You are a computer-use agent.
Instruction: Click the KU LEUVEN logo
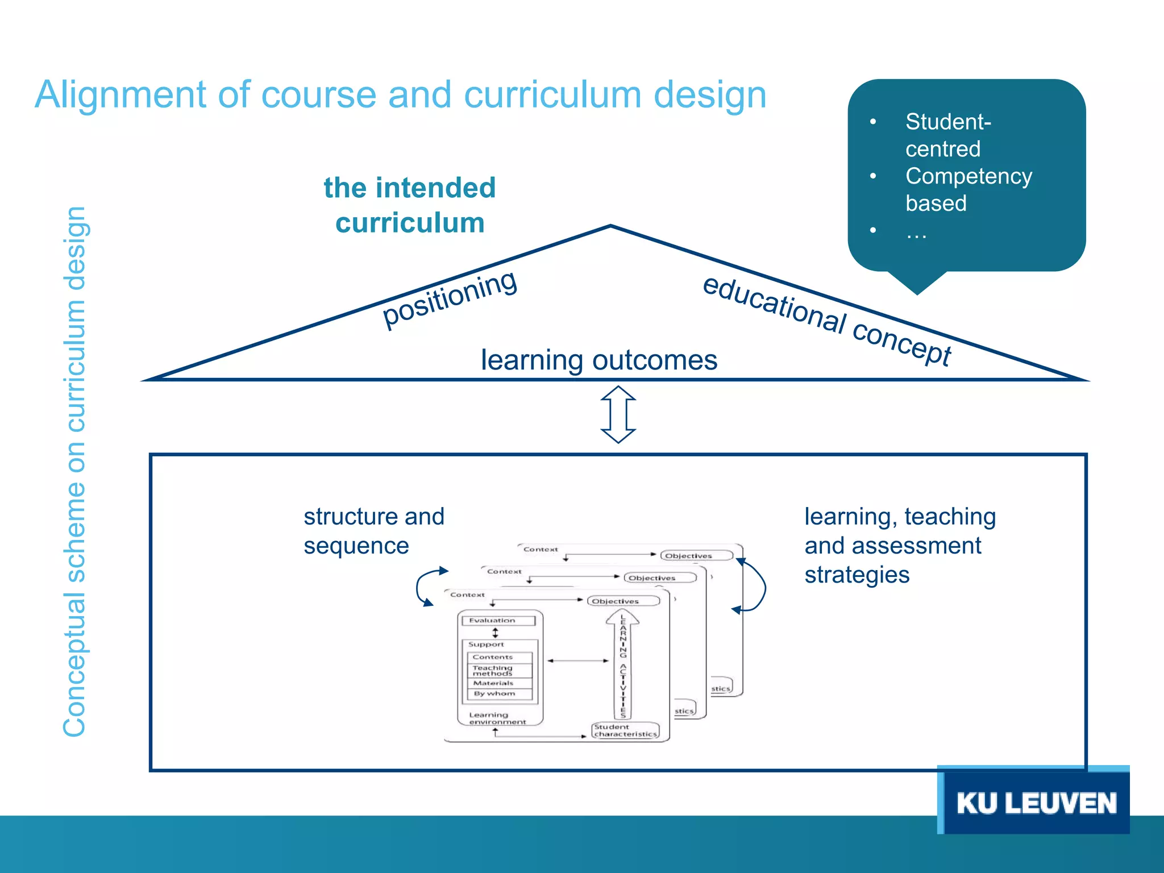click(1036, 803)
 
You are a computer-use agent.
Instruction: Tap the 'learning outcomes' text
click(599, 360)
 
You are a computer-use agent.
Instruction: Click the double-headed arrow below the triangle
click(618, 414)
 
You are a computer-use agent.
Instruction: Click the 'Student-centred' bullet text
click(948, 135)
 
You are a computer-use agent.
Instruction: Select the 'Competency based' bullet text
click(968, 189)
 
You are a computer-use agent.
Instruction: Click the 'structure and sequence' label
click(373, 531)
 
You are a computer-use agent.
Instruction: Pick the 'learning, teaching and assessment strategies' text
click(900, 545)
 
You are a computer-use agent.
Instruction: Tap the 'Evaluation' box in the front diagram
click(498, 621)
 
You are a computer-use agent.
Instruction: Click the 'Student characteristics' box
click(625, 730)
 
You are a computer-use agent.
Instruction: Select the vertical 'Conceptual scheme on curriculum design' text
click(74, 472)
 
